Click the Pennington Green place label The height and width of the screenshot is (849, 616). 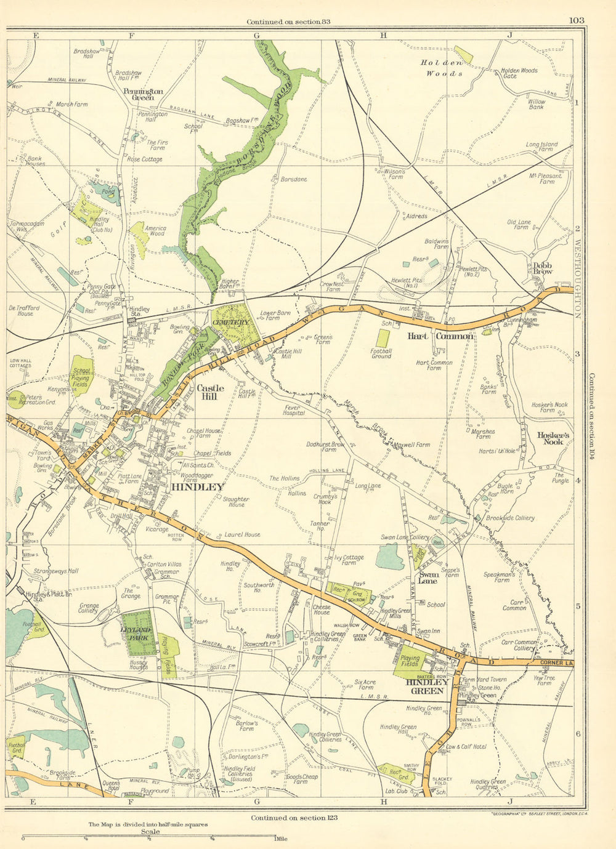(143, 94)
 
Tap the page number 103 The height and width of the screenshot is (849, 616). (577, 20)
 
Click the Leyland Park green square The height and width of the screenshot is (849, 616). (136, 634)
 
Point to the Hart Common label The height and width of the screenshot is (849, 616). (440, 336)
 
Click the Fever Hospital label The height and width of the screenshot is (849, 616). (294, 410)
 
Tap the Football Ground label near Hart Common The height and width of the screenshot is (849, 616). (381, 353)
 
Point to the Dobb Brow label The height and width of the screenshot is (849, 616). (543, 268)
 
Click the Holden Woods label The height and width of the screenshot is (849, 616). (442, 68)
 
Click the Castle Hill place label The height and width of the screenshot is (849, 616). (209, 392)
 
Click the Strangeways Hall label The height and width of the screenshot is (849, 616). (56, 571)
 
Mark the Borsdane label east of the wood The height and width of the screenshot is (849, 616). (293, 179)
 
